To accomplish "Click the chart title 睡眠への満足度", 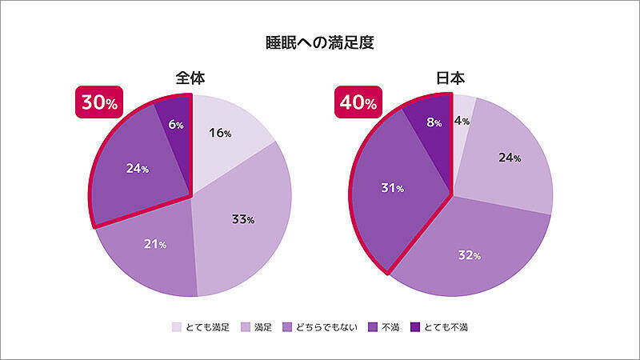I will pos(320,42).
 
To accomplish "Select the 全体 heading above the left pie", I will pos(192,78).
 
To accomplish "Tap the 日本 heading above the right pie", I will pos(452,78).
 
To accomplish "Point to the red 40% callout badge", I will pos(356,103).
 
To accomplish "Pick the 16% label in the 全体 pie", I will pos(220,134).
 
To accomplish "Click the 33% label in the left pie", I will pos(243,220).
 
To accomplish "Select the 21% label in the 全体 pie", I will pos(155,244).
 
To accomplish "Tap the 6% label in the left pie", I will pos(176,125).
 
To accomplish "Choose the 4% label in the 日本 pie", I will pos(462,120).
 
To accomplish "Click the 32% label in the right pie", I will pos(470,256).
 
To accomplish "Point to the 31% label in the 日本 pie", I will pos(392,189).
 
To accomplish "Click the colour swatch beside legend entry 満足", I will pos(244,327).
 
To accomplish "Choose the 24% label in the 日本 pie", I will pos(510,158).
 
